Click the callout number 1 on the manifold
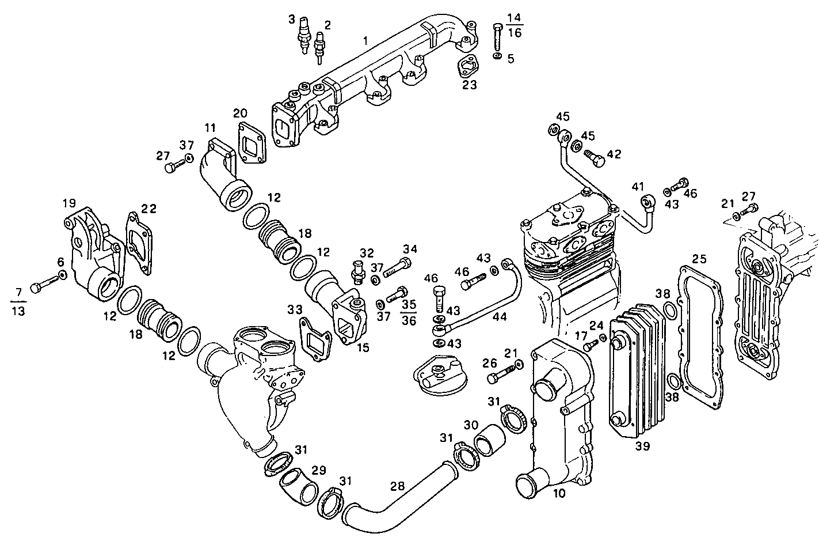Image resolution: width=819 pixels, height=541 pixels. click(365, 41)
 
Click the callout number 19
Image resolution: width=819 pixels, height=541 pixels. click(69, 203)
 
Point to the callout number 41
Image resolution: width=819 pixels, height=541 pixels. click(637, 187)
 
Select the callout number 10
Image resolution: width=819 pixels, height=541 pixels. click(559, 493)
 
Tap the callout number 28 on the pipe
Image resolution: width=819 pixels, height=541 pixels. click(397, 486)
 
